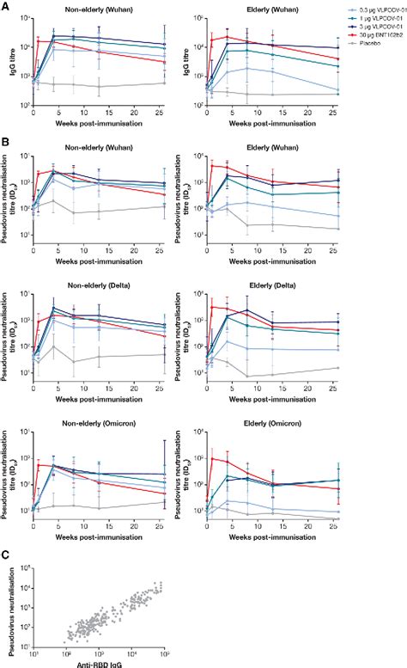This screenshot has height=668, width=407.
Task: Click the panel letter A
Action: [x=6, y=6]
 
